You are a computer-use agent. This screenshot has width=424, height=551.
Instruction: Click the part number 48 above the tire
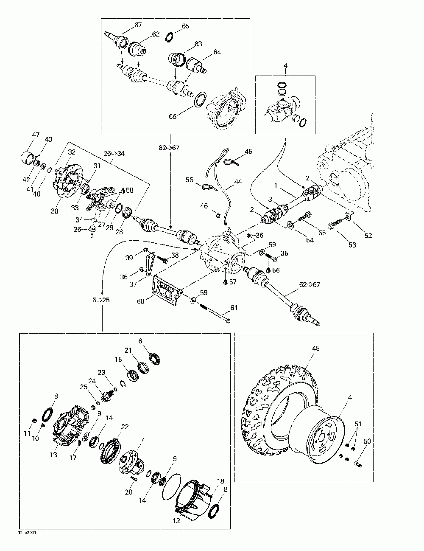(316, 349)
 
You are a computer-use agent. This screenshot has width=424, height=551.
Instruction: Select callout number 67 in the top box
(138, 25)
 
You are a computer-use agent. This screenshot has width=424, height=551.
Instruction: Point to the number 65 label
(185, 26)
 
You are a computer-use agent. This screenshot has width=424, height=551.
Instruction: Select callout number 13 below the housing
(53, 455)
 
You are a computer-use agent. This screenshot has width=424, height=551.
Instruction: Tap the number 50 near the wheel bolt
(367, 441)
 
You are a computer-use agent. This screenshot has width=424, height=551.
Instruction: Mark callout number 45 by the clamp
(248, 152)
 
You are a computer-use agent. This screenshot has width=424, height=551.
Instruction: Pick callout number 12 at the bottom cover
(176, 520)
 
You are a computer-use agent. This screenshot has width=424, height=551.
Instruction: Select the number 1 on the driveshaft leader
(276, 185)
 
